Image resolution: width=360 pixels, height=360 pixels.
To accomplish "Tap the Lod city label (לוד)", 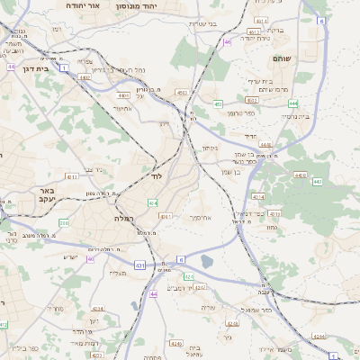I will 156,175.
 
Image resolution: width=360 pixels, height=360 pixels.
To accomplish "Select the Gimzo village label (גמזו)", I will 272,228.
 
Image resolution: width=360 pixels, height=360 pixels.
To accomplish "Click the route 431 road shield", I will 140,265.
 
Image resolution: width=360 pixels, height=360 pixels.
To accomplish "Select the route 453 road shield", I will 218,103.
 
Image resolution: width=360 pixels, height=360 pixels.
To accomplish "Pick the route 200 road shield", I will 64,221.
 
